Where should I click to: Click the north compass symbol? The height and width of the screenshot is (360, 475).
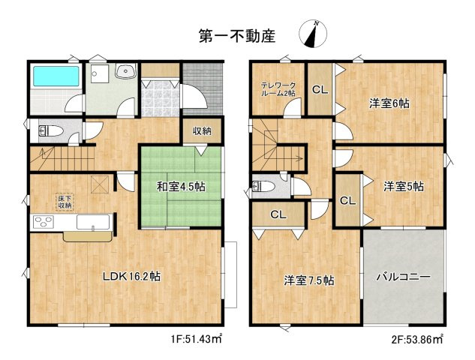[313, 34]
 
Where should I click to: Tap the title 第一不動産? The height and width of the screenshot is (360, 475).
[237, 36]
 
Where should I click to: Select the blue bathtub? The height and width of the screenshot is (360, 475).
[56, 76]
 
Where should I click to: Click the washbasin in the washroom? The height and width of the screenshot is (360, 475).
[125, 71]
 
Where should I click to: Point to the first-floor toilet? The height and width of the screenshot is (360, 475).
[50, 131]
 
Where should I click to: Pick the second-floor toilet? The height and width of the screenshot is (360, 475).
[263, 186]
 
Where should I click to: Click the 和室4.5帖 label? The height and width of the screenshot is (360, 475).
[181, 187]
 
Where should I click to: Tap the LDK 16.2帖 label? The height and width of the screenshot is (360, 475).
[131, 276]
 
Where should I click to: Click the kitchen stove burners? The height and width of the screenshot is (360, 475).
[44, 222]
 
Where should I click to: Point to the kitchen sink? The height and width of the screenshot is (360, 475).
[93, 222]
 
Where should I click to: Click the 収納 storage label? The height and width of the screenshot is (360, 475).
[203, 131]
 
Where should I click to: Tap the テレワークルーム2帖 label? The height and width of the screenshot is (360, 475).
[278, 89]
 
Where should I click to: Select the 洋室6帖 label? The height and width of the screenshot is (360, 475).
[389, 103]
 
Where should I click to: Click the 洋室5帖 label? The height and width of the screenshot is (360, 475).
[404, 186]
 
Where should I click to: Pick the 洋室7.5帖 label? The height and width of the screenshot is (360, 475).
[309, 280]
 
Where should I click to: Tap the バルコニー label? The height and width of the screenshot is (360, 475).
[404, 277]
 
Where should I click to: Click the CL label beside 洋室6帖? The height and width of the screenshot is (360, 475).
[320, 89]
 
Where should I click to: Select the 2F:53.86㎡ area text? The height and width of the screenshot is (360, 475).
[417, 339]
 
